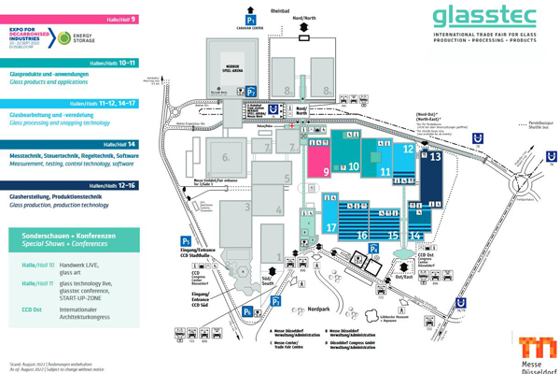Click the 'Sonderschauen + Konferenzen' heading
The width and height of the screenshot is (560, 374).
click(69, 240)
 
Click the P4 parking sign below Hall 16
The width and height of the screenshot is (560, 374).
click(372, 249)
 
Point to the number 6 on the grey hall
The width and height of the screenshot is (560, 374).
click(226, 157)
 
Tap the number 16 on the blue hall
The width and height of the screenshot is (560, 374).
click(362, 236)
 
